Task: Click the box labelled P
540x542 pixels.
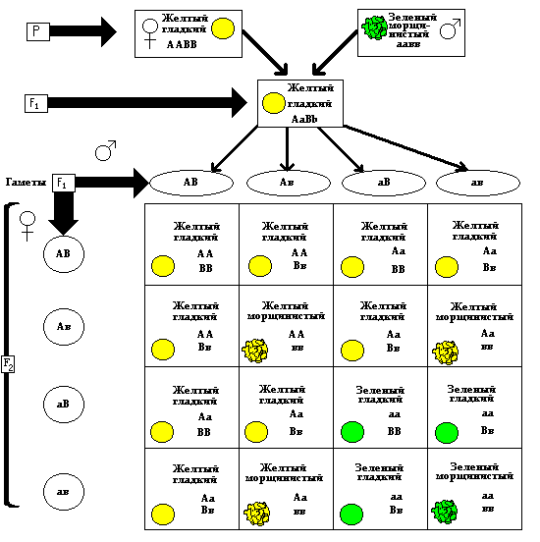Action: [x=38, y=31]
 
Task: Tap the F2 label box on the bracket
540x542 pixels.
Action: [x=8, y=364]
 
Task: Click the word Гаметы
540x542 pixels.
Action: [x=26, y=183]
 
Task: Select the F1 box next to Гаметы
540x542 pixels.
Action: [x=64, y=183]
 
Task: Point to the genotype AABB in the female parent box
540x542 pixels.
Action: [x=182, y=44]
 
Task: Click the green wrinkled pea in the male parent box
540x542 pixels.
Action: [x=374, y=27]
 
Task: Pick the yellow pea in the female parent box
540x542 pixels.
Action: [x=223, y=28]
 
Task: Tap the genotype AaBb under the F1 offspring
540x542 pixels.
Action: [x=304, y=119]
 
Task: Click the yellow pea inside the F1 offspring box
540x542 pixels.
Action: [x=274, y=103]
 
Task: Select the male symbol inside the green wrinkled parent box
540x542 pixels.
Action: [x=450, y=29]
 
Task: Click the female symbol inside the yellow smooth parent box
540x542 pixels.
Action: [x=150, y=33]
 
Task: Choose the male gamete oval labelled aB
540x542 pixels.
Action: [x=384, y=183]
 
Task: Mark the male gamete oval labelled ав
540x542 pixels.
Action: [x=478, y=183]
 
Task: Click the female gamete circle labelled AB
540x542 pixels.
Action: [x=64, y=254]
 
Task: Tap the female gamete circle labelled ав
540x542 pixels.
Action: [x=64, y=492]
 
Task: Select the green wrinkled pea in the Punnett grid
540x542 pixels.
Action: [x=445, y=512]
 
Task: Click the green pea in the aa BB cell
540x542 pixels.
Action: [x=352, y=432]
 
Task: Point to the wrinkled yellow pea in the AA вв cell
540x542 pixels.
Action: [x=255, y=351]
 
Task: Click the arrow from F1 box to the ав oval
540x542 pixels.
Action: [x=405, y=147]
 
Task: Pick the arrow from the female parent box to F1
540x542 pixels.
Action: [x=265, y=53]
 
